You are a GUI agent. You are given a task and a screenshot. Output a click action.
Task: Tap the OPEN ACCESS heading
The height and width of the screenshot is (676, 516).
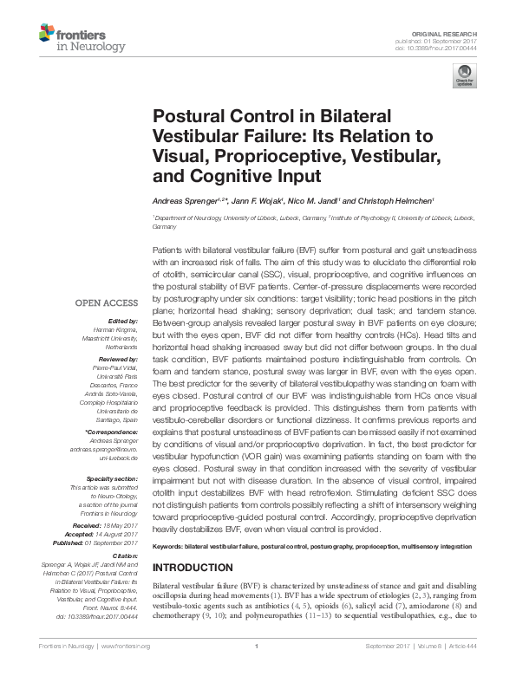pos(107,303)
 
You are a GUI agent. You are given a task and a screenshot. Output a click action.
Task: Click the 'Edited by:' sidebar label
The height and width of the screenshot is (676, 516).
pos(122,321)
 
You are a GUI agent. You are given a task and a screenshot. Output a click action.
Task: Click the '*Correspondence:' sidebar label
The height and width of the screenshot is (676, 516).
pos(112,431)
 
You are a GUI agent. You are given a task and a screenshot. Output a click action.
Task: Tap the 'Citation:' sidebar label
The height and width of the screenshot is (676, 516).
pos(123,556)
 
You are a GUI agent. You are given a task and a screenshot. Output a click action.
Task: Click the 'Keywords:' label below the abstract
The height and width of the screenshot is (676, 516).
pos(168,547)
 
